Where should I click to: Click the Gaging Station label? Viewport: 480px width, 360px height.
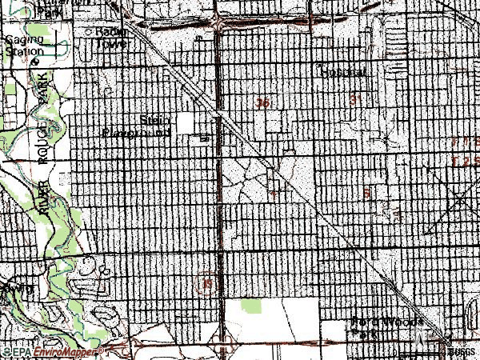click(x=23, y=45)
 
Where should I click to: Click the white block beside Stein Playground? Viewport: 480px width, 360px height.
click(x=186, y=122)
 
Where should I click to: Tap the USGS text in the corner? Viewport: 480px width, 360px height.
click(x=462, y=351)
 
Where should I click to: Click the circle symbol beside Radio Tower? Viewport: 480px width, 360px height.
click(x=89, y=32)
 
